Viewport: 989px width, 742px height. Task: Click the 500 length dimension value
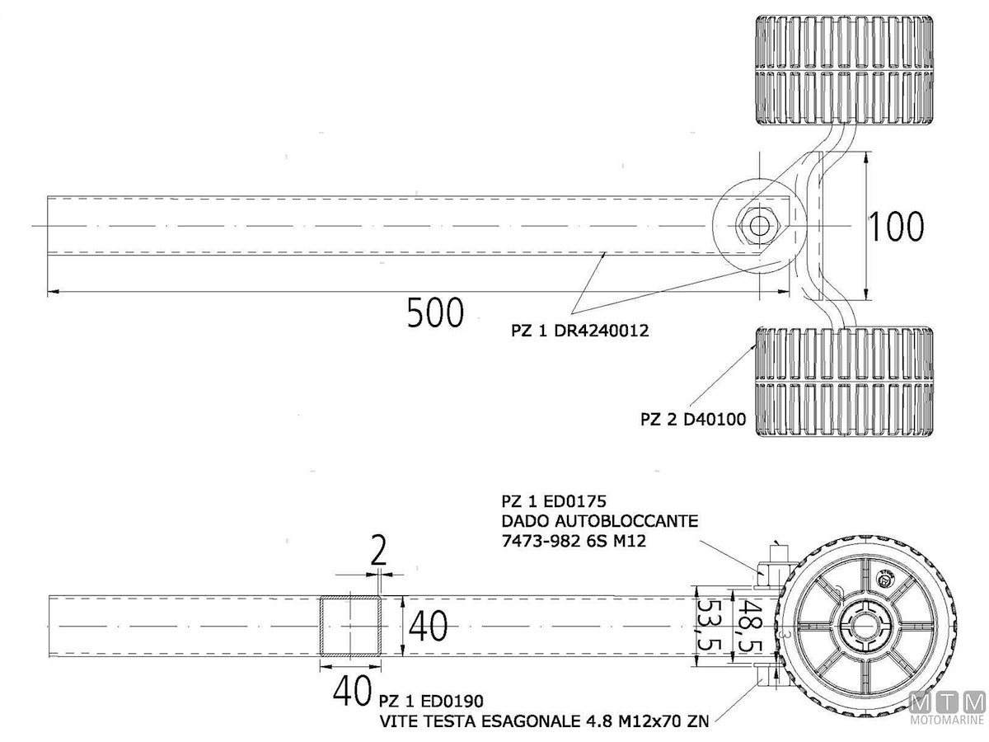tap(435, 312)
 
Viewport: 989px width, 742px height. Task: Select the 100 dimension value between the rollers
tap(897, 226)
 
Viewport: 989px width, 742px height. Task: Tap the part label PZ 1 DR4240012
tap(579, 331)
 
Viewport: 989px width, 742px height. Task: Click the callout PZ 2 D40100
tap(693, 420)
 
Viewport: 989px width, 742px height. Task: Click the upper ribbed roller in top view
tap(845, 69)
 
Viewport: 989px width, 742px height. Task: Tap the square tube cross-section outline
tap(352, 627)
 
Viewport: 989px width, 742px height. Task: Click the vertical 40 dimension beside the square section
tap(429, 627)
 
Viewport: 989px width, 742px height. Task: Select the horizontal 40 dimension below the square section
tap(352, 691)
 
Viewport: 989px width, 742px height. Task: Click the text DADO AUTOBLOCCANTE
tap(600, 521)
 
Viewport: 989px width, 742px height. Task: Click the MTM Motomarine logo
tap(948, 707)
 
